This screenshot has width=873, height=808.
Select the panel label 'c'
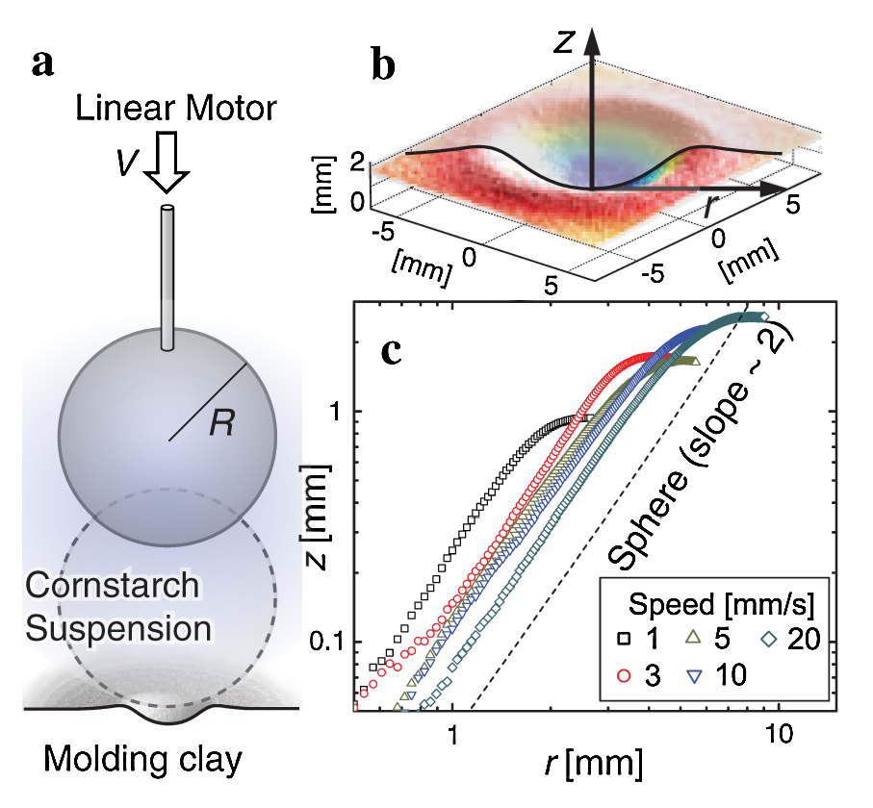click(391, 352)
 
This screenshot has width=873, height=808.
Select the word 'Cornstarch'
click(114, 586)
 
